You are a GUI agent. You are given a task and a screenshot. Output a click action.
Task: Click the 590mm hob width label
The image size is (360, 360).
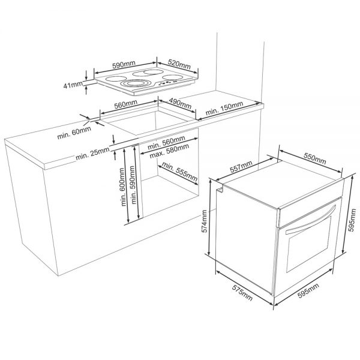124,65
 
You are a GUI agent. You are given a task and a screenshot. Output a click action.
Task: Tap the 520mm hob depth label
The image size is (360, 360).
179,64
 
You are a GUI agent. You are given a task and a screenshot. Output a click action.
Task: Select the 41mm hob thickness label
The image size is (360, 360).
73,85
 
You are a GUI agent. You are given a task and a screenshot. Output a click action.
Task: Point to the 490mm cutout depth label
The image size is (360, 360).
180,103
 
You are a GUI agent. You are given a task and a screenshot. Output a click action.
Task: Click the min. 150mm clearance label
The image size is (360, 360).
224,108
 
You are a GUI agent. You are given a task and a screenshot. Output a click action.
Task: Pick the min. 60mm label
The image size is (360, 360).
74,133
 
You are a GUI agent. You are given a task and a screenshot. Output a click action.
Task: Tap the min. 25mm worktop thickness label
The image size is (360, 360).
92,154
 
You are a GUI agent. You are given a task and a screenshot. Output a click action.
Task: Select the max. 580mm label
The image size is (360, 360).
169,151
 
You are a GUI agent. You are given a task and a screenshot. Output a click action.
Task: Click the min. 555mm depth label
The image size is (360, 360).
179,171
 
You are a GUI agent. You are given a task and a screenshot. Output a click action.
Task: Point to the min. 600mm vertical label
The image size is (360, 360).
122,187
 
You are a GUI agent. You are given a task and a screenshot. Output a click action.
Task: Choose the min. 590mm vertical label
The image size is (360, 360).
132,185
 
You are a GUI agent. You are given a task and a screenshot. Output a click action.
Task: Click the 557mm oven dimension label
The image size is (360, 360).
241,166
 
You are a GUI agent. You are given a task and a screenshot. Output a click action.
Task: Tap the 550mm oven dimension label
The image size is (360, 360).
315,158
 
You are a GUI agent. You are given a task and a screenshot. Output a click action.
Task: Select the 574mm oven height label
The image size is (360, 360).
205,221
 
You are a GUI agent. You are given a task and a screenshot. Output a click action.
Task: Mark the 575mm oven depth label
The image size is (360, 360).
242,293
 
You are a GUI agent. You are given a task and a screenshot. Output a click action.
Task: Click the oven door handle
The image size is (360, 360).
310,221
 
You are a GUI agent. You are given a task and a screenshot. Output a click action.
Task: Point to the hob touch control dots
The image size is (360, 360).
169,82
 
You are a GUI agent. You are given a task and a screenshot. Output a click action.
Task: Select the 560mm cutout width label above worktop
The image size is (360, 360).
126,104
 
